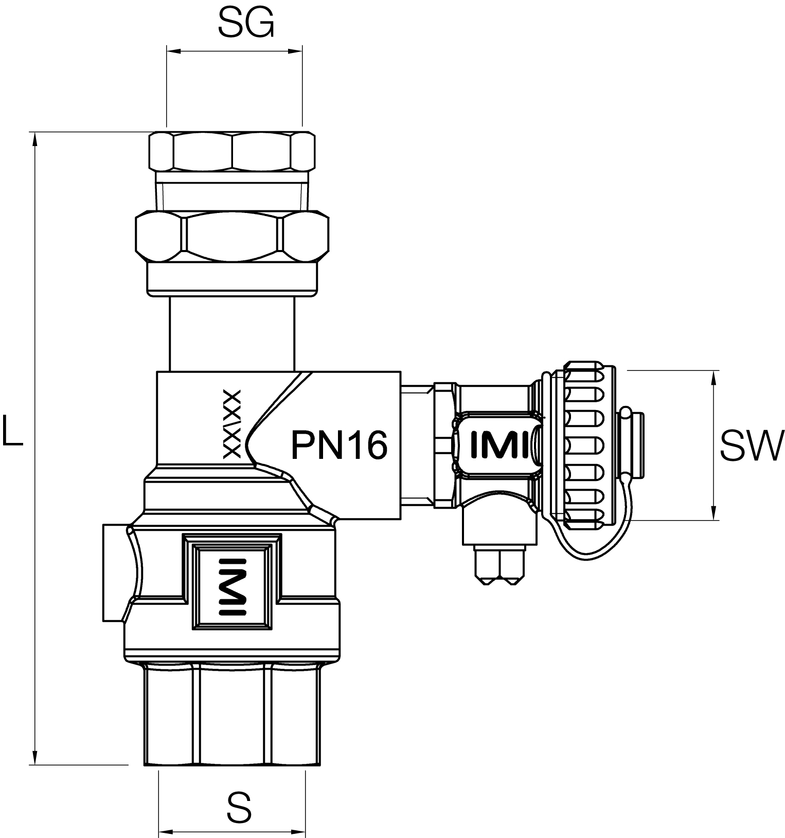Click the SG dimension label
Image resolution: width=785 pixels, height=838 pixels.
[245, 24]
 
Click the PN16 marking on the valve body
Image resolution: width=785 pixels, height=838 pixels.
[339, 445]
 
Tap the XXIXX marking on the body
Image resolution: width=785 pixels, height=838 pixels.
[232, 424]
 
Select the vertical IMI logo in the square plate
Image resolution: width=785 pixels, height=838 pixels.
[233, 586]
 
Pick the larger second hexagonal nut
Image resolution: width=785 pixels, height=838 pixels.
[232, 236]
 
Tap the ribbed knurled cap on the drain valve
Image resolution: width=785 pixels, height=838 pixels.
[584, 445]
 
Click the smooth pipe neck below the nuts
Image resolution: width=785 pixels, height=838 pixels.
[232, 334]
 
